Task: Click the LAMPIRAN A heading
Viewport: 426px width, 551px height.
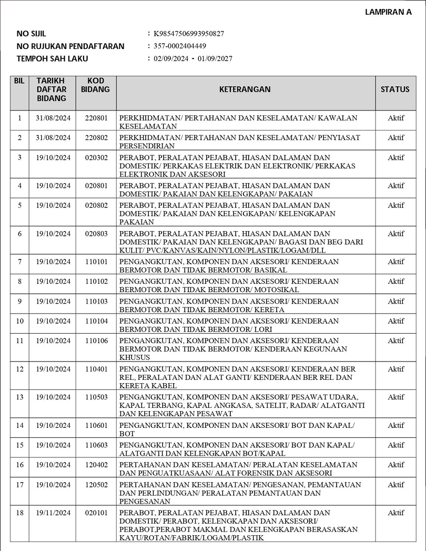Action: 388,13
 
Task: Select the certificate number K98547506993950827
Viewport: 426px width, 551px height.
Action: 189,34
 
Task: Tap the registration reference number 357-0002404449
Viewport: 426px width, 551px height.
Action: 180,46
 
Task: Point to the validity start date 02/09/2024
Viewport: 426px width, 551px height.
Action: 171,58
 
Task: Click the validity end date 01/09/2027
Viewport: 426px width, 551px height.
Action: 215,58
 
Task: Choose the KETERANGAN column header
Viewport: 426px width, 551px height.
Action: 245,89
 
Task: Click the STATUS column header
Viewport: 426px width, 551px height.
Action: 395,89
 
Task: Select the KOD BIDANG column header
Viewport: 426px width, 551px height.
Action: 96,85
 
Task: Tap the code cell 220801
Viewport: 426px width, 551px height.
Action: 96,118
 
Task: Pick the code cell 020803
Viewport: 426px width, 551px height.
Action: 96,234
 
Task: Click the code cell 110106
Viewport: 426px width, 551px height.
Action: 96,341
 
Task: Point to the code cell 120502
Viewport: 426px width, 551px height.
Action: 96,485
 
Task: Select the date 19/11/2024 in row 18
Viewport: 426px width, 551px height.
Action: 53,513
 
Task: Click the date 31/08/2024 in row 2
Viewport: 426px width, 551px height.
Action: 53,138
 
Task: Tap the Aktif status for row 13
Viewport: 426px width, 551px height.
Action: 395,397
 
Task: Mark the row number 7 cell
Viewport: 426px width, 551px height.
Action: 19,262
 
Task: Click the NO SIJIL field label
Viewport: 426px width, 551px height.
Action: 32,34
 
